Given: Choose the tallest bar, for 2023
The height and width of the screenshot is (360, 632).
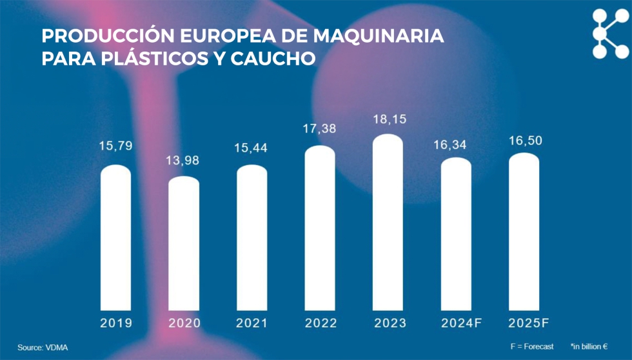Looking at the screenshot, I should pos(388,222).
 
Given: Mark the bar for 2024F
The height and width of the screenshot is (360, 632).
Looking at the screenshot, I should pos(456,234).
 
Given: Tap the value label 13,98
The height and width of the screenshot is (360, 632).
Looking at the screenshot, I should pos(184,160).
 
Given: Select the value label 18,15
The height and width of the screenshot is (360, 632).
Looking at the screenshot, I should pos(388,119).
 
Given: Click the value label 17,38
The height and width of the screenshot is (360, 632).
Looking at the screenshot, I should pos(320,129).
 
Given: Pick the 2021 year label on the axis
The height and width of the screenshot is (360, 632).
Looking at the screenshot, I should pos(252,323).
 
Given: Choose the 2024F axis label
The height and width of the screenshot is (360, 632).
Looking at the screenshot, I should pos(456,323).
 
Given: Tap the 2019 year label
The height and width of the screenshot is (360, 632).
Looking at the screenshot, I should pos(116,323).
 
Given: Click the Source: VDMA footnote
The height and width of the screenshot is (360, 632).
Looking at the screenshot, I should pos(43,348).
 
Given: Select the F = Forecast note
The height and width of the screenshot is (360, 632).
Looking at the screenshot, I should pos(531,347).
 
